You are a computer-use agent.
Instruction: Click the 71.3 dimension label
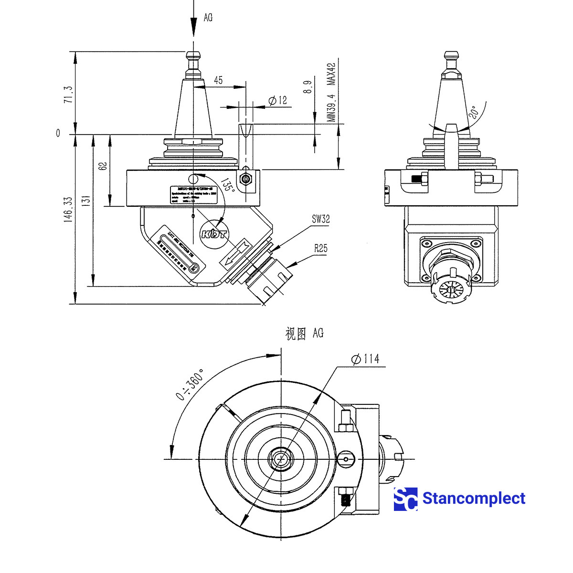point(68,95)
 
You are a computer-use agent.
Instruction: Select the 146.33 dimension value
point(68,210)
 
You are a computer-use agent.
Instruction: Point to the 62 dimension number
point(102,166)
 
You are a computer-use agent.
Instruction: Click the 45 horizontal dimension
point(218,80)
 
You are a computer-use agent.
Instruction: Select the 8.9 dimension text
point(308,87)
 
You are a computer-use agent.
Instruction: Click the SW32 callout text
point(320,219)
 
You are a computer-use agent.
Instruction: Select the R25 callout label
point(320,248)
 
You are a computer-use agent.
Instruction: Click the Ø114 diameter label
point(365,359)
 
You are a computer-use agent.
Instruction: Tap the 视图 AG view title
point(304,333)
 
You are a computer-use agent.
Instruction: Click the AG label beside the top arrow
point(208,18)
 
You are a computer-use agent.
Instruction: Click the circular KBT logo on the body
point(214,234)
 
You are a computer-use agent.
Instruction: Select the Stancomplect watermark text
point(474,499)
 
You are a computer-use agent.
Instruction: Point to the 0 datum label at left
point(58,133)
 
